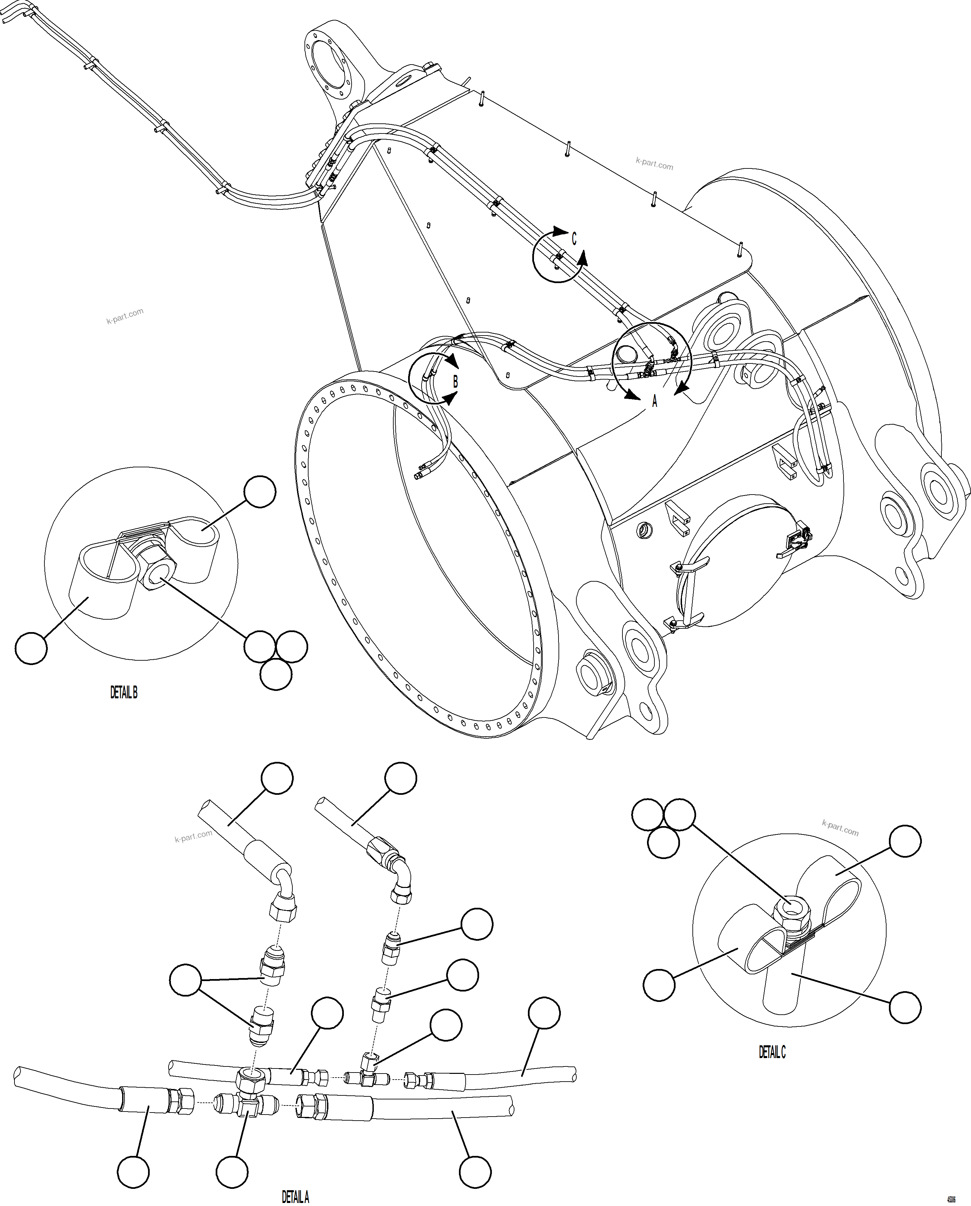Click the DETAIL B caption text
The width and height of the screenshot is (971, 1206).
124,693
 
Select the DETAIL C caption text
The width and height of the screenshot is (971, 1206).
772,1052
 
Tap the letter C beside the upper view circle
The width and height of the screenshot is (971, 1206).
574,239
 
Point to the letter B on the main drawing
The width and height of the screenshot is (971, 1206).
455,382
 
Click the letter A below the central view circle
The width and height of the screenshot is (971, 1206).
654,400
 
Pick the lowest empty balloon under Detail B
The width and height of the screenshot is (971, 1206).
276,674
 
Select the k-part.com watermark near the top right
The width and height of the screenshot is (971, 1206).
654,163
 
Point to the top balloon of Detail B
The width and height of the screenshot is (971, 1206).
260,492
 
